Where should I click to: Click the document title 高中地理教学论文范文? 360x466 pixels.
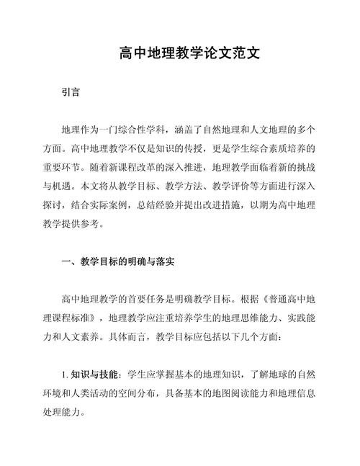tap(179, 55)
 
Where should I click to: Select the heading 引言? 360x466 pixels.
tap(71, 93)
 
